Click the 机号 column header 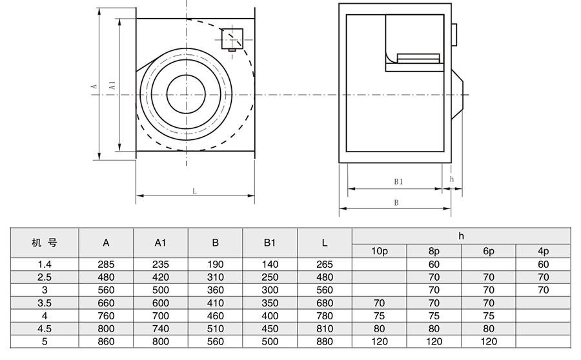click(45, 243)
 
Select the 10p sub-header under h click(379, 251)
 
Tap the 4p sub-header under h click(543, 251)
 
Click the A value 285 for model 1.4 click(106, 264)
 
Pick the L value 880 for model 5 click(325, 342)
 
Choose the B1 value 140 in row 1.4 click(270, 264)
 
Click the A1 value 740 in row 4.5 click(161, 329)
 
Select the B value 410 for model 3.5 click(216, 303)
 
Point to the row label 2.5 click(44, 277)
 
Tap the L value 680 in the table click(325, 303)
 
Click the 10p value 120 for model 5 click(379, 342)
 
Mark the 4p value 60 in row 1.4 click(543, 264)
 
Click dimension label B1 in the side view click(398, 182)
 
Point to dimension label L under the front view click(194, 191)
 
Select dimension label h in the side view click(452, 179)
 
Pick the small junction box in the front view click(231, 39)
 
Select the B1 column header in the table click(270, 243)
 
